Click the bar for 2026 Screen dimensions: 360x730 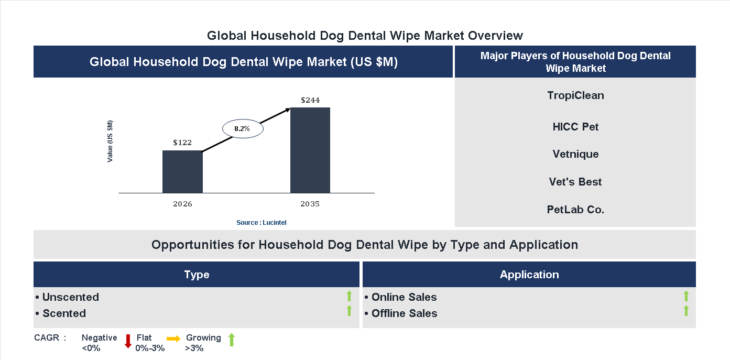[x=182, y=172]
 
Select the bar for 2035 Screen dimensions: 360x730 [x=310, y=150]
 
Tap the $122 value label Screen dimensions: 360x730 [x=182, y=143]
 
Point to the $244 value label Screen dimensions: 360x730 [x=310, y=100]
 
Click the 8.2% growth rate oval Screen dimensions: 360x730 [x=242, y=128]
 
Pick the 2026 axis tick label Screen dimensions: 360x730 [x=182, y=204]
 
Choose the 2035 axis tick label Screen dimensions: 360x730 [x=310, y=204]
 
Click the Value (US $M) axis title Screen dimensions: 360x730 [x=110, y=141]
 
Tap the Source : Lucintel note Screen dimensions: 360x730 [x=261, y=223]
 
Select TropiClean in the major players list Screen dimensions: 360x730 [x=575, y=95]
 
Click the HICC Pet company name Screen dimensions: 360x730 [x=575, y=127]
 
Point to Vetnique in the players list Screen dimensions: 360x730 [x=575, y=154]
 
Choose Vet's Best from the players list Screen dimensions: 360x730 [x=575, y=182]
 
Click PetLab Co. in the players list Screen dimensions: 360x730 [x=575, y=210]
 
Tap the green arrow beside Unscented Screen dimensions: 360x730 [x=349, y=297]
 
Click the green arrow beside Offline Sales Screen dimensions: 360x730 [x=686, y=311]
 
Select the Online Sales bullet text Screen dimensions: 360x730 [x=404, y=297]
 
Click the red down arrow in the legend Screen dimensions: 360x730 [x=127, y=341]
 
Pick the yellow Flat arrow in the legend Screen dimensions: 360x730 [x=173, y=339]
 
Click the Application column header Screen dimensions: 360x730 [x=529, y=275]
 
